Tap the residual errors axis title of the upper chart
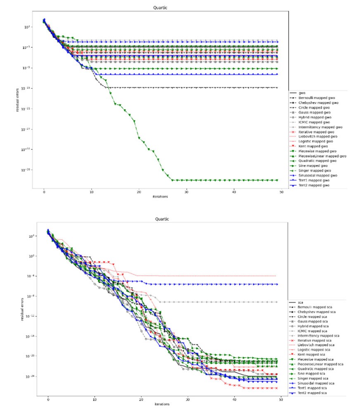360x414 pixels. pyautogui.click(x=19, y=98)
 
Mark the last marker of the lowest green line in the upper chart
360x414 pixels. pyautogui.click(x=277, y=180)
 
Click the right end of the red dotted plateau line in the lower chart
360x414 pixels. pyautogui.click(x=275, y=276)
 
